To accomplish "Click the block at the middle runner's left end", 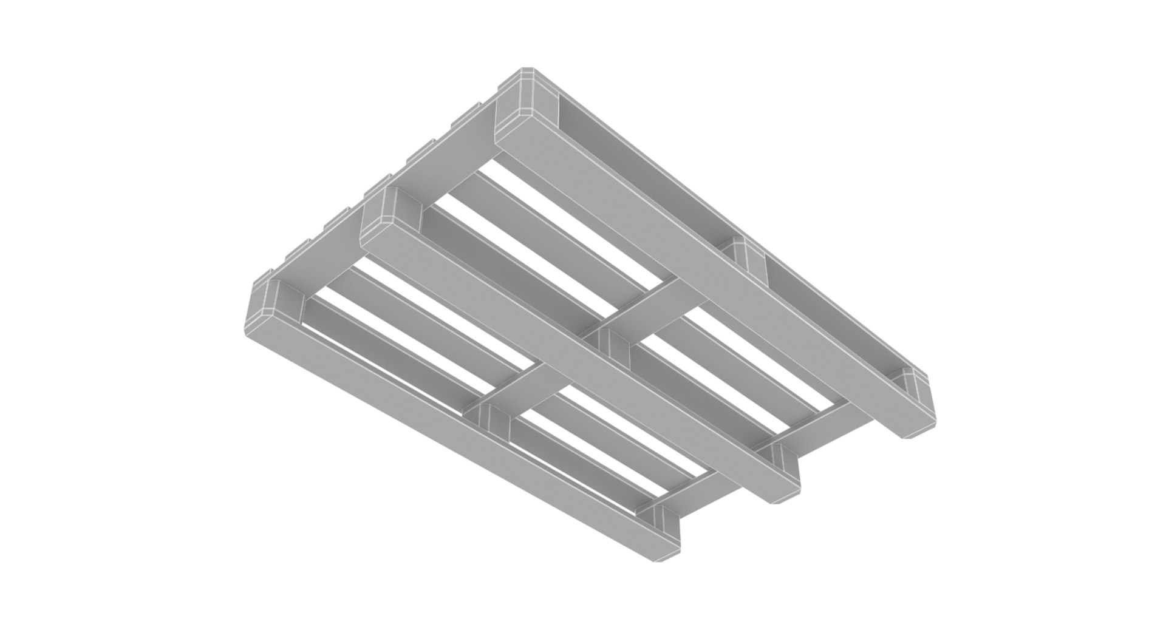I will pyautogui.click(x=395, y=209).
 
